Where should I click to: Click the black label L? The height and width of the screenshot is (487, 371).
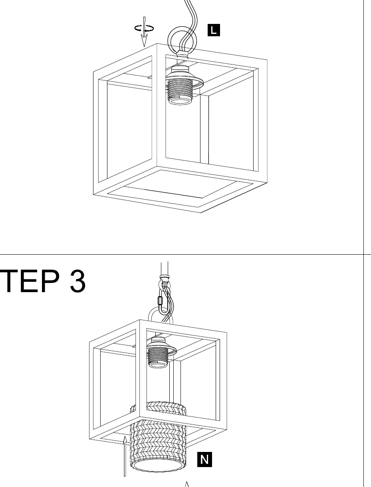[x=214, y=30]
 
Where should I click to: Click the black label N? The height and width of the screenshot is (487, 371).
[x=204, y=459]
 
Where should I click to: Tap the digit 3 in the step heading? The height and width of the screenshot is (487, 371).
[x=77, y=281]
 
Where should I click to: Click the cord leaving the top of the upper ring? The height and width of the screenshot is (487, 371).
[x=191, y=13]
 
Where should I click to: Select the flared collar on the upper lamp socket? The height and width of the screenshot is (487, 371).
[x=185, y=81]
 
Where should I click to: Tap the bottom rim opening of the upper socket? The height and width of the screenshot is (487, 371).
[x=180, y=101]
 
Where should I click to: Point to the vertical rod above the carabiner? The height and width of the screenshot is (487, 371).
[x=164, y=269]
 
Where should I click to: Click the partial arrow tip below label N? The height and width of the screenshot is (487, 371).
[x=187, y=484]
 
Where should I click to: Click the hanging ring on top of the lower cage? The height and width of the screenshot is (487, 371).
[x=150, y=314]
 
